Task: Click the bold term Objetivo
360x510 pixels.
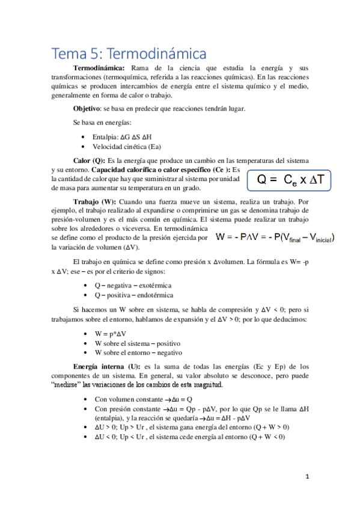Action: pos(87,108)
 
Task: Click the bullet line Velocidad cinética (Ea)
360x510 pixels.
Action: pos(126,146)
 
